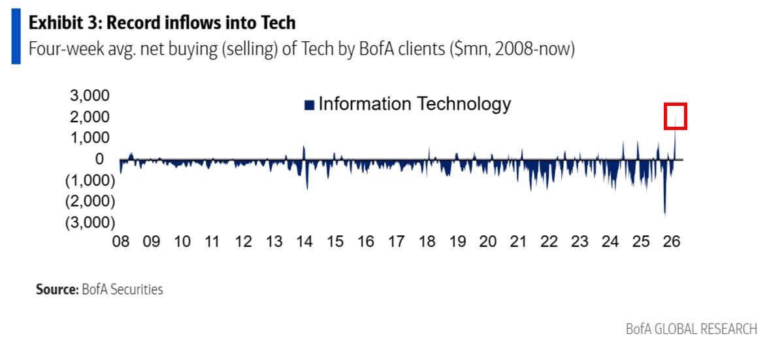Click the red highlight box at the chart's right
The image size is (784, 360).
click(x=675, y=116)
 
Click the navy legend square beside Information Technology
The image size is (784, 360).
click(x=309, y=105)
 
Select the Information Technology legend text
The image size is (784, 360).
click(x=414, y=104)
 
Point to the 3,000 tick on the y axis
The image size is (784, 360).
click(x=90, y=96)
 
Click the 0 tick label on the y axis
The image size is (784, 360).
click(x=99, y=159)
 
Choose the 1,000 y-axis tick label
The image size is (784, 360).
click(x=90, y=138)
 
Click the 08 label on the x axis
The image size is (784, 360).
click(x=120, y=242)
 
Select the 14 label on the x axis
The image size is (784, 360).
click(x=304, y=242)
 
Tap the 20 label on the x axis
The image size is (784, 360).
click(x=487, y=242)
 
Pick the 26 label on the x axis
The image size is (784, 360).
click(x=671, y=242)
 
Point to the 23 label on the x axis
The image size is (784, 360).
click(x=580, y=242)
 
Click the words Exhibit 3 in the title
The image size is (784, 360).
click(x=63, y=24)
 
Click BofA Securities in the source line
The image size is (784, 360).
click(x=122, y=289)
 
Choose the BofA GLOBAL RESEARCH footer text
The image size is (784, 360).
click(x=691, y=329)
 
